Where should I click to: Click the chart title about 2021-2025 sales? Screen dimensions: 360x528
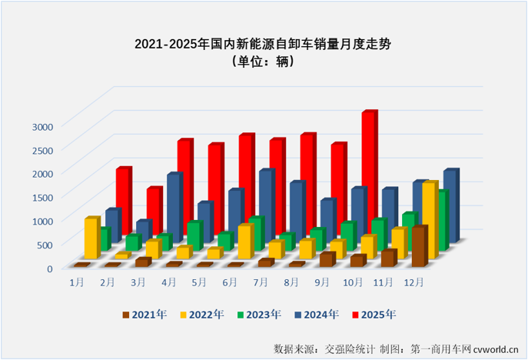coord(264,44)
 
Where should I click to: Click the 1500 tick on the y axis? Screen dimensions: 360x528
coord(42,197)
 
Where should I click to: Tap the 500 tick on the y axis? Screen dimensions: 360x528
coord(45,245)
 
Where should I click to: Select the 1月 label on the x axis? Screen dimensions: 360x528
coord(77,282)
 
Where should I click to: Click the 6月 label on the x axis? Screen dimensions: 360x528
coord(230,282)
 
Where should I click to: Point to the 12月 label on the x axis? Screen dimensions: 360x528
coord(414,282)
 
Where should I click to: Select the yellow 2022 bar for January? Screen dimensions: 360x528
coord(91,238)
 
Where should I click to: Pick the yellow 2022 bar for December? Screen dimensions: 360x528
coord(429,219)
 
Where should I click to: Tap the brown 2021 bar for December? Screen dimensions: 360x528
coord(418,246)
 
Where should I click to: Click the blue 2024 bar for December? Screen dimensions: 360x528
coord(450,204)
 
